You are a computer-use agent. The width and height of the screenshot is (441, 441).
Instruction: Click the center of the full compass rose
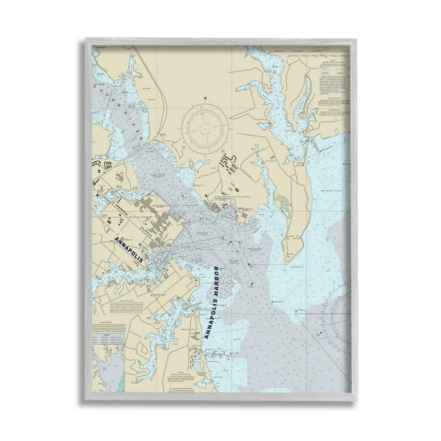pyautogui.click(x=206, y=125)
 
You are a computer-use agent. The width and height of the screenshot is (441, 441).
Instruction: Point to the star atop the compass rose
pyautogui.click(x=206, y=98)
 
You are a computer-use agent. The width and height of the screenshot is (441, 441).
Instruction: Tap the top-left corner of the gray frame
pyautogui.click(x=87, y=39)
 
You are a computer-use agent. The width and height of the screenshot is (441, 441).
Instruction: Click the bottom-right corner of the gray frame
pyautogui.click(x=355, y=401)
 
